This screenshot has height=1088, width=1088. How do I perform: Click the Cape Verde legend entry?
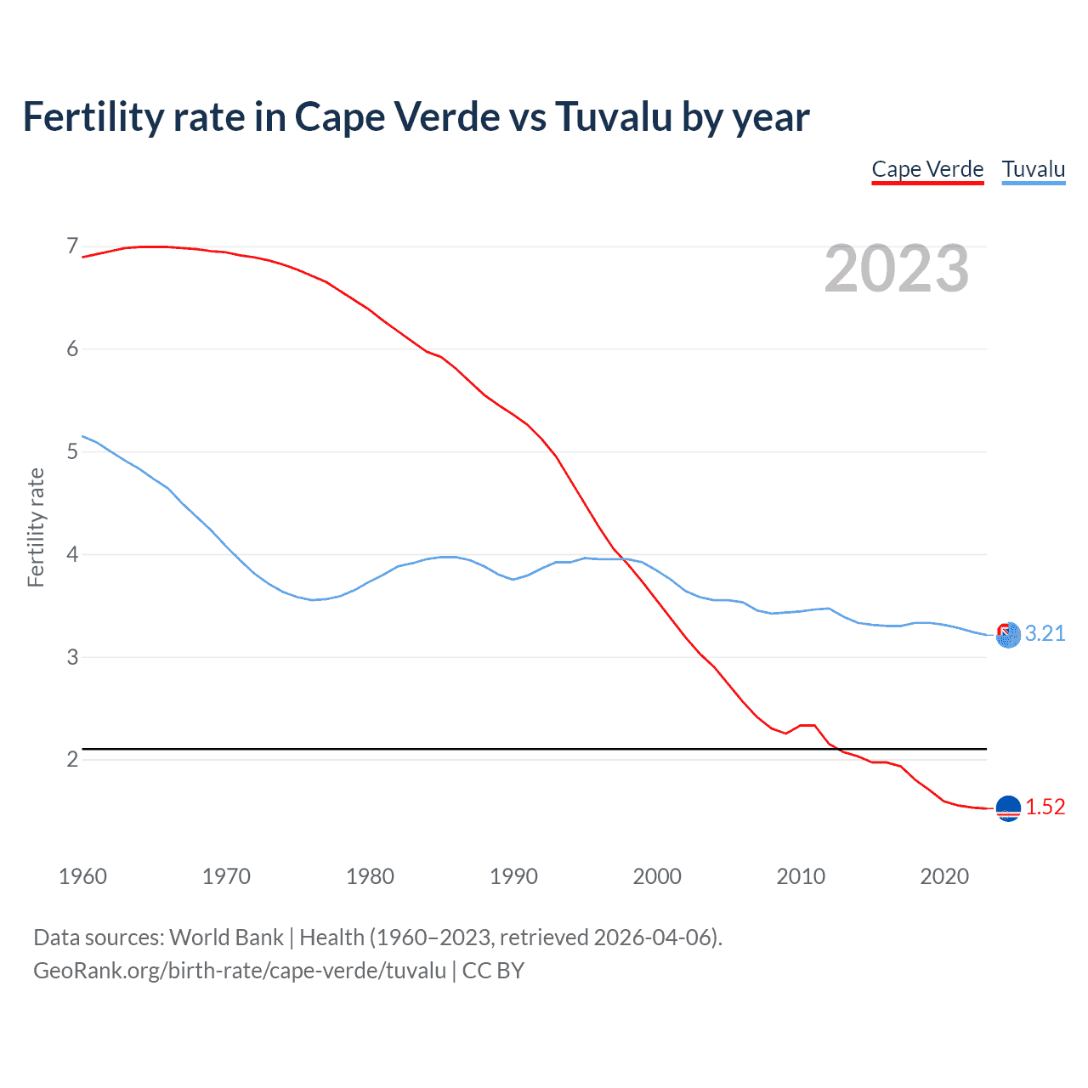[x=927, y=169]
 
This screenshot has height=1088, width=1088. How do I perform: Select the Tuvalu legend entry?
[x=1033, y=169]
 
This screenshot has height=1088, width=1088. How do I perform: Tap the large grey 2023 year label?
[x=896, y=269]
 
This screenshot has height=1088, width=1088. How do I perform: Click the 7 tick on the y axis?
[x=72, y=246]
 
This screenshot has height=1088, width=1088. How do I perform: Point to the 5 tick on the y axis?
[x=72, y=451]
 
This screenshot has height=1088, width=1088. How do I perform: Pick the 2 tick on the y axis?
[x=72, y=759]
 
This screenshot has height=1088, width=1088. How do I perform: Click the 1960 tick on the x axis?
[x=82, y=876]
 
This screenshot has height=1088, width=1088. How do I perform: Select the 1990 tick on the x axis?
[x=513, y=876]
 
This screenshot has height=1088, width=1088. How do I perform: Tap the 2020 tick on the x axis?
[x=944, y=876]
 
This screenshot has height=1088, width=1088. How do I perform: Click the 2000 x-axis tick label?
[x=657, y=876]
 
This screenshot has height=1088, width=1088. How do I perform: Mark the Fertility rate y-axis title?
[x=36, y=527]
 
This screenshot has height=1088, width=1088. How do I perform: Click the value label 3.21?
[x=1045, y=634]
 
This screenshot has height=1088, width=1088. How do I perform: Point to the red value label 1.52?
[x=1045, y=807]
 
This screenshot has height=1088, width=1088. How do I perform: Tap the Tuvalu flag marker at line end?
[x=1008, y=635]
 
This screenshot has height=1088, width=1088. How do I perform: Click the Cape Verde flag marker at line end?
[x=1008, y=808]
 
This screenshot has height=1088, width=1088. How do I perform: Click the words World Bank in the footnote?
[x=226, y=938]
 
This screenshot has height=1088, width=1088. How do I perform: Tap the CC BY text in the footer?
[x=493, y=971]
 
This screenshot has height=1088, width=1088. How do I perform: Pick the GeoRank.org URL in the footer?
[x=240, y=971]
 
